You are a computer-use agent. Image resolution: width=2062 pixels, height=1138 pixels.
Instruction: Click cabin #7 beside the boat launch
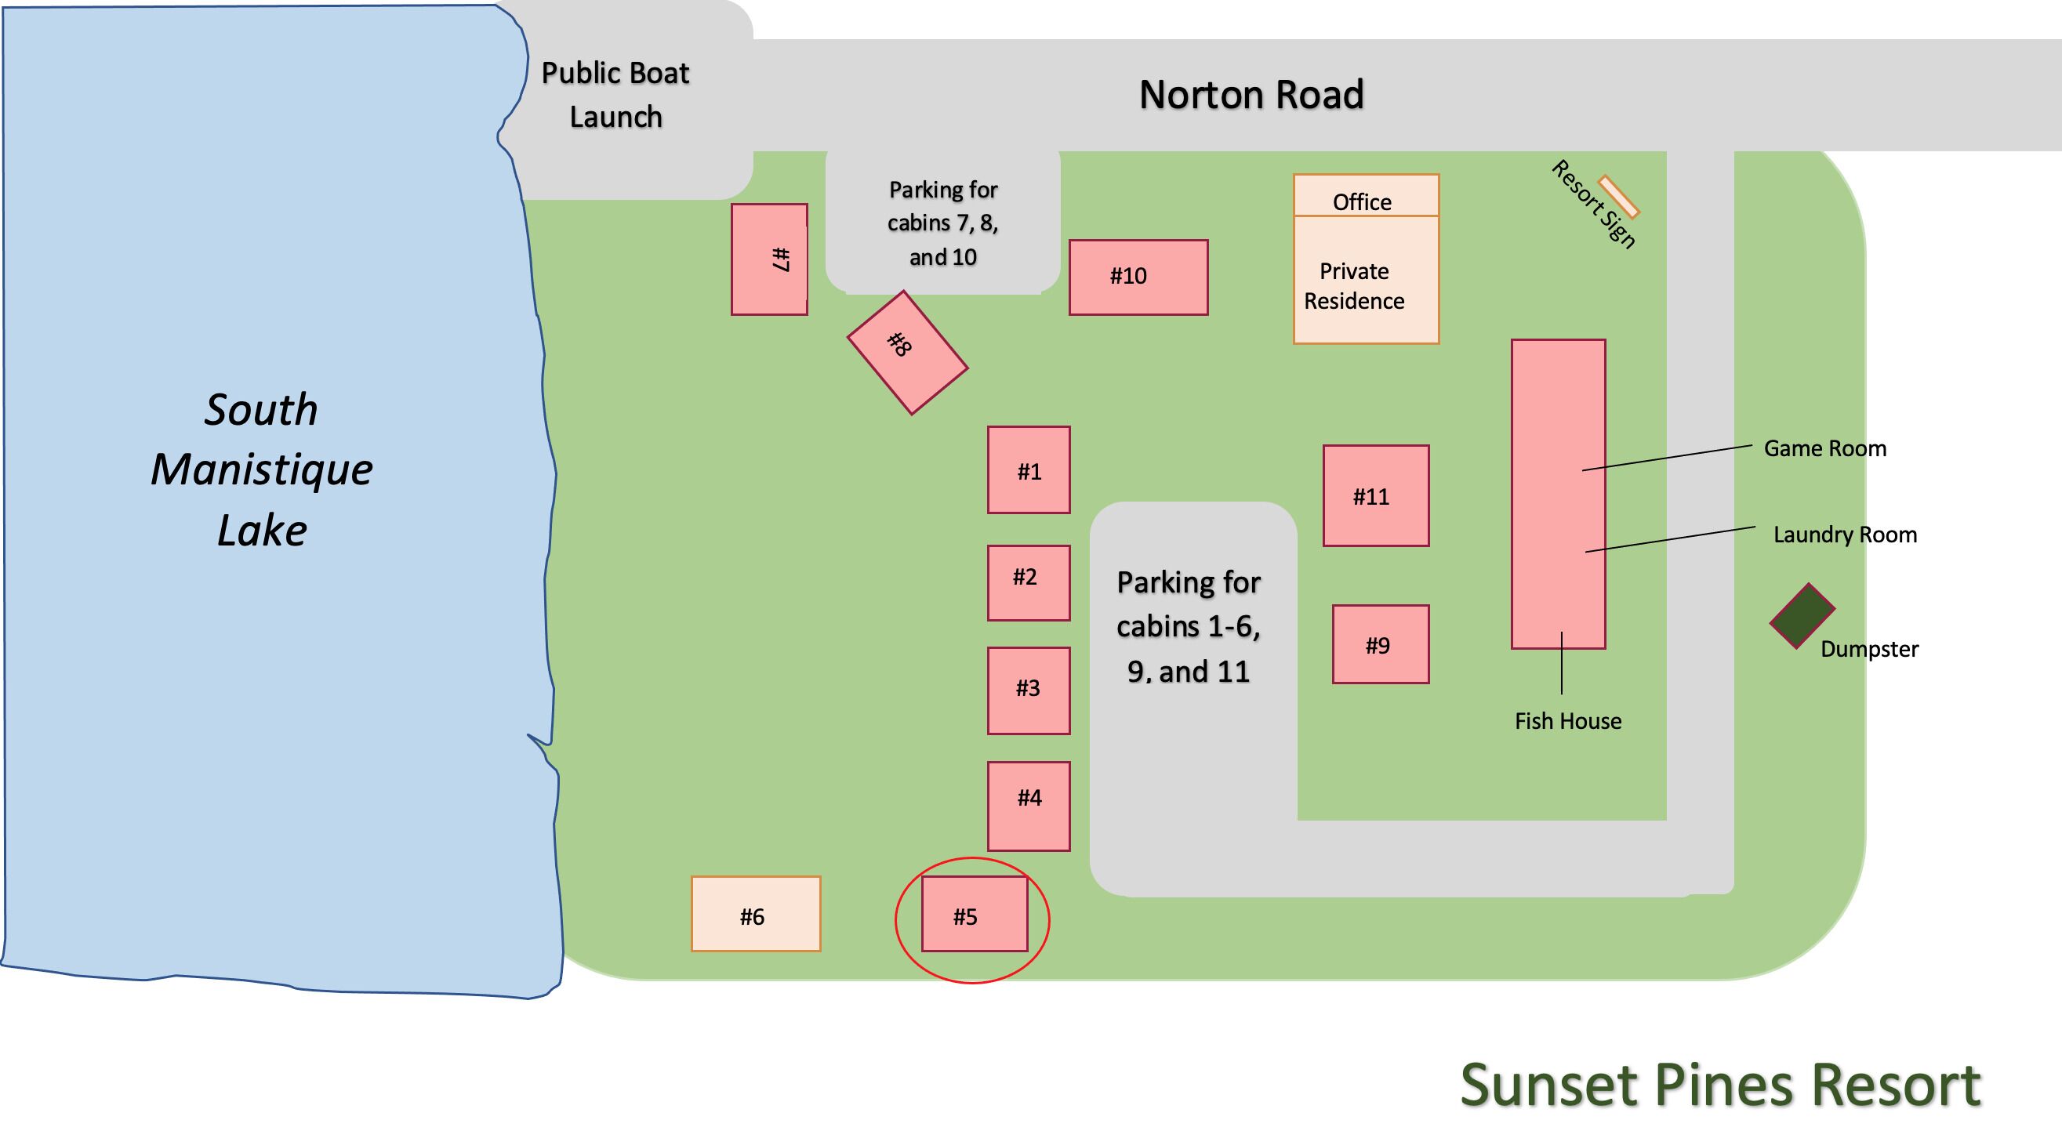769,259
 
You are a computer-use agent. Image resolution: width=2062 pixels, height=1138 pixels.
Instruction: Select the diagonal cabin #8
908,352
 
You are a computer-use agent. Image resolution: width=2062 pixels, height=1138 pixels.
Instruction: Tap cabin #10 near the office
1138,277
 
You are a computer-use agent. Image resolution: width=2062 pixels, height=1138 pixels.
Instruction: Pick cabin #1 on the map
1029,469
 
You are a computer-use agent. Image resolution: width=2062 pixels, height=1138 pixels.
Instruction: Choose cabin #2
1029,582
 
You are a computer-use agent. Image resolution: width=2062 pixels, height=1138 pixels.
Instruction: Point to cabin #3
1029,690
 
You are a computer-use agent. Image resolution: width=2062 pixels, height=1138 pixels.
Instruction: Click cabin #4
1029,806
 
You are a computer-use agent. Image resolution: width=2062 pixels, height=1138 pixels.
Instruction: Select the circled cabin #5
975,914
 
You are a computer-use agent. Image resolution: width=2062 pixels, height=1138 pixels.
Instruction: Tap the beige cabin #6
756,914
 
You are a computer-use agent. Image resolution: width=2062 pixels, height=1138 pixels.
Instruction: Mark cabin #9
1381,644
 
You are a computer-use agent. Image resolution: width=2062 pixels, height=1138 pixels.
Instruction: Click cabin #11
1376,496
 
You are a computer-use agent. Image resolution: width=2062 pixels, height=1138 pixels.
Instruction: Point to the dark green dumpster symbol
1802,615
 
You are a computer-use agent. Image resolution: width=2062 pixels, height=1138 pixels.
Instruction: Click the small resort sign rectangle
1618,197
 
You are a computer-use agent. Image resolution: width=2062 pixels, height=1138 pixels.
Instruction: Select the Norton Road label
1251,94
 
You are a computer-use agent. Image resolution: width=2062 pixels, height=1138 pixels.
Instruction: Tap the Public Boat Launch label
615,94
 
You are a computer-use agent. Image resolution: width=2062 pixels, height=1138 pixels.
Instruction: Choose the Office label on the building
1362,201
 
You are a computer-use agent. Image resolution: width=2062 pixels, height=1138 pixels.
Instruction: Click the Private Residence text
1353,286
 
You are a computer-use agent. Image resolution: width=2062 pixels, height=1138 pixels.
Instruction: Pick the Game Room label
1825,448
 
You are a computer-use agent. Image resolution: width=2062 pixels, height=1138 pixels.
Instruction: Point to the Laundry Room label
1845,535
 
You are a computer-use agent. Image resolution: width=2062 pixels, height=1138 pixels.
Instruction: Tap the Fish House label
1568,721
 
